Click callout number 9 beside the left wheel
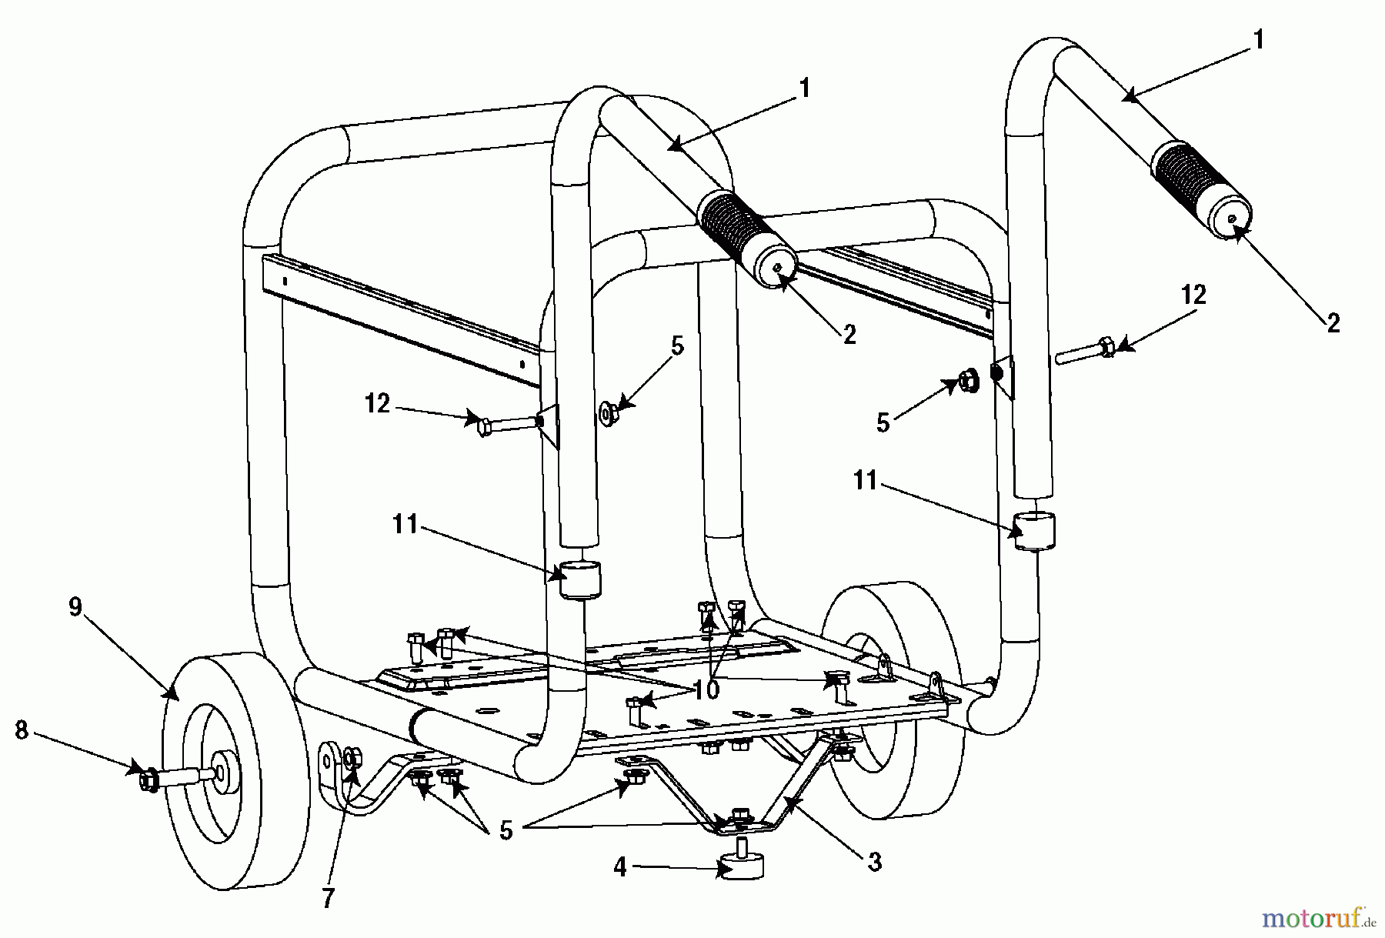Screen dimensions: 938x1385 tap(75, 607)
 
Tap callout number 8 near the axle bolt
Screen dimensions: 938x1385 tap(22, 730)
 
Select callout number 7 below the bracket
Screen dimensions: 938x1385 tap(328, 898)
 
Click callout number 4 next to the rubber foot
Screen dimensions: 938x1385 tap(620, 868)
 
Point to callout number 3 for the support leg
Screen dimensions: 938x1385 tap(873, 863)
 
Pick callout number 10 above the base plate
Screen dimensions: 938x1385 tap(706, 689)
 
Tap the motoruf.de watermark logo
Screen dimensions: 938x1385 tap(1317, 917)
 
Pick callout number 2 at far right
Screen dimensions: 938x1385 tap(1333, 322)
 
